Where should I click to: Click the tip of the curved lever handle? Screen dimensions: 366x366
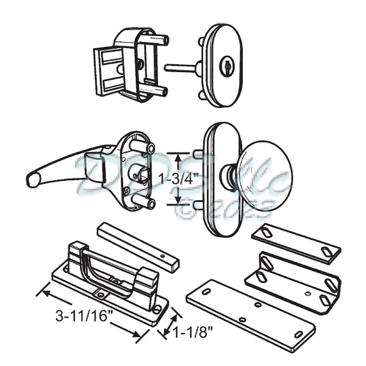click(32, 178)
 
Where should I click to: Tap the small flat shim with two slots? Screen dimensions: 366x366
click(295, 242)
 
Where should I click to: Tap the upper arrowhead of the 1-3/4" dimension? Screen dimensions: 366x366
click(178, 156)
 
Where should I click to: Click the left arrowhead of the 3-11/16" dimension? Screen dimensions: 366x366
click(43, 292)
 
